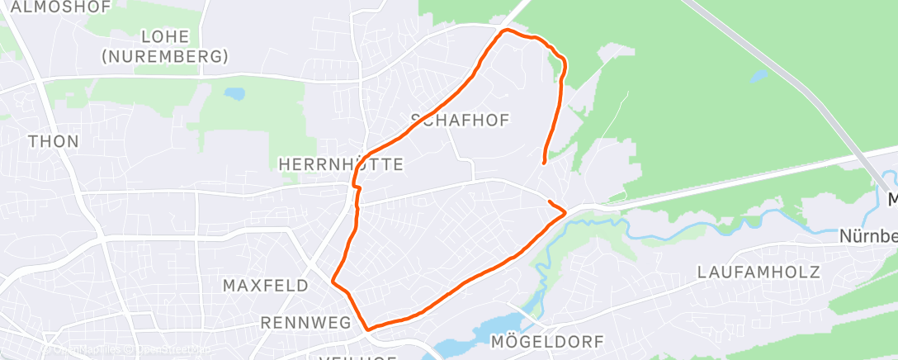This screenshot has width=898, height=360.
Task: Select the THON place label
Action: pyautogui.click(x=54, y=141)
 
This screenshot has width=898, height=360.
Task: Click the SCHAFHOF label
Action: pyautogui.click(x=460, y=121)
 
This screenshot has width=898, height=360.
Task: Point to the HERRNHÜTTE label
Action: pyautogui.click(x=342, y=164)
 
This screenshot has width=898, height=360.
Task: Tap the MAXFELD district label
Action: pyautogui.click(x=266, y=286)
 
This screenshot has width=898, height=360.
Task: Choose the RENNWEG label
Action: pyautogui.click(x=305, y=322)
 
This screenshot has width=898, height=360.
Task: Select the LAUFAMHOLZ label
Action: pyautogui.click(x=758, y=272)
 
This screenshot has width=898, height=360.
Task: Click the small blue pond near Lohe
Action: pyautogui.click(x=234, y=94)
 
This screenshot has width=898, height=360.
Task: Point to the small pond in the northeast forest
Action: pyautogui.click(x=757, y=76)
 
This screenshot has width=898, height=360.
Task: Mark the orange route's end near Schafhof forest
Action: pyautogui.click(x=543, y=163)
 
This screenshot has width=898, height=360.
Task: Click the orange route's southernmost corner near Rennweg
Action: pyautogui.click(x=367, y=329)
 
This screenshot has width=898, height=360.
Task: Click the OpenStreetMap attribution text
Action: pyautogui.click(x=124, y=350)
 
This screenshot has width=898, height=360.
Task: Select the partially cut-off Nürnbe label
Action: pyautogui.click(x=868, y=236)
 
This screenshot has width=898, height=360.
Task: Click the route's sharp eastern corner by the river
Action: pyautogui.click(x=565, y=213)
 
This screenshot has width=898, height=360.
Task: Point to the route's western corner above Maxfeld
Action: pyautogui.click(x=333, y=281)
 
